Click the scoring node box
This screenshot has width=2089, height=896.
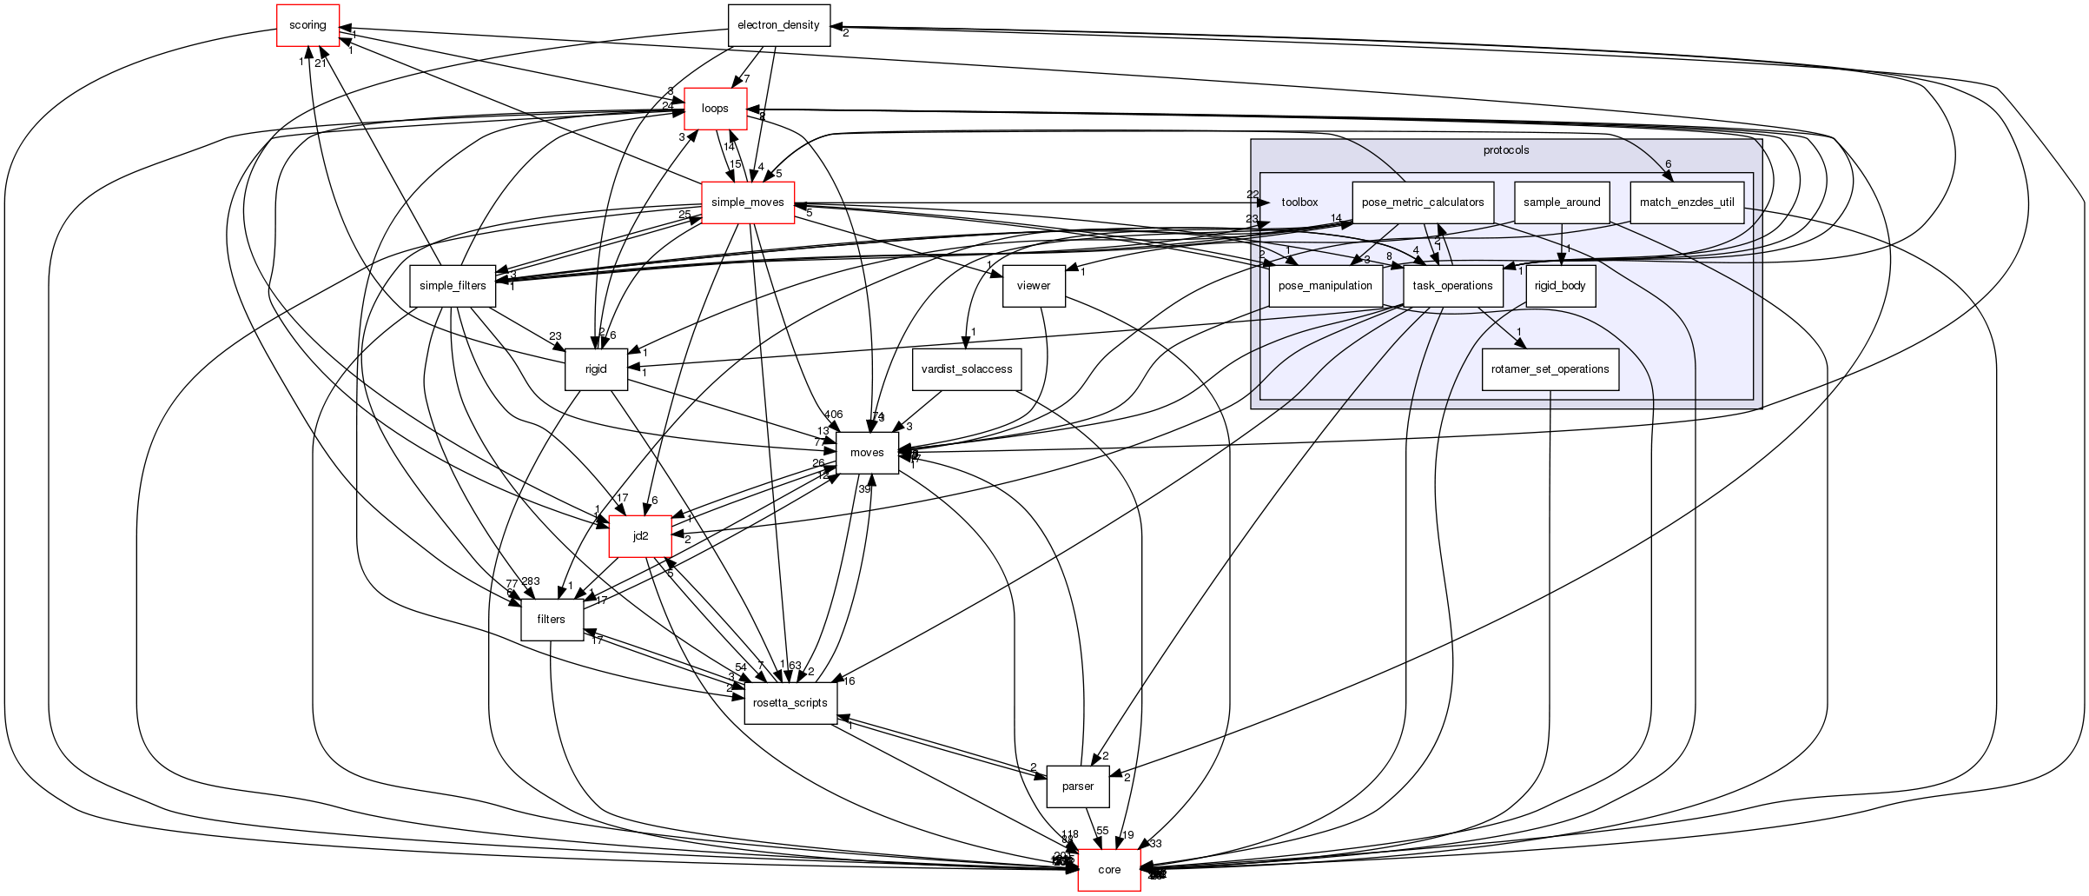coord(307,25)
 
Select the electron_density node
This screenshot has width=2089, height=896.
coord(778,25)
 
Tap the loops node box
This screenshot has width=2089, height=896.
coord(715,109)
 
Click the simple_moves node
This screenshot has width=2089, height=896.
coord(747,202)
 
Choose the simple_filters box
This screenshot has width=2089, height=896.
coord(453,286)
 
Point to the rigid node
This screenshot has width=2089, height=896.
coord(595,368)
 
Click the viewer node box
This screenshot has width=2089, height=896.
coord(1033,286)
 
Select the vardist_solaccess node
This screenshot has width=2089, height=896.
coord(966,368)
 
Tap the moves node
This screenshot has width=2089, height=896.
coord(867,453)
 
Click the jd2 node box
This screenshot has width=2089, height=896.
coord(640,536)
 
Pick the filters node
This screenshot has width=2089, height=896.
coord(551,620)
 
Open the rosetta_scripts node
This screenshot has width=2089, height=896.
coord(790,702)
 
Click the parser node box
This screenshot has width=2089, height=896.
coord(1078,786)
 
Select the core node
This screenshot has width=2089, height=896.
coord(1109,870)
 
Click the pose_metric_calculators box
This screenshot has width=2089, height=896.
coord(1422,202)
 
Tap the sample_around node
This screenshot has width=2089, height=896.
coord(1561,202)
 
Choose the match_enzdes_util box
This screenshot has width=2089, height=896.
coord(1686,202)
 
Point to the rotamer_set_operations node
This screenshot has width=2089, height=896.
coord(1550,368)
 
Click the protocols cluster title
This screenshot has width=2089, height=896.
coord(1505,150)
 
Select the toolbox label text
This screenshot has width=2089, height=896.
coord(1299,202)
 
